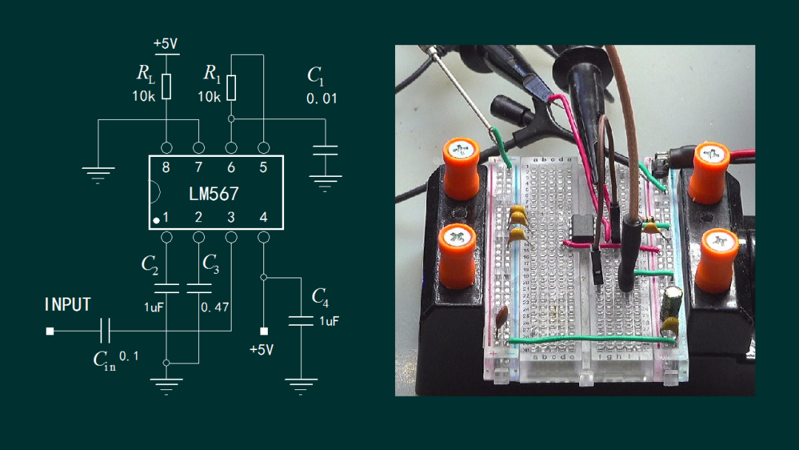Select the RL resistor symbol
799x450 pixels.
pos(166,87)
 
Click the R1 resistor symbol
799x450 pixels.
pos(232,87)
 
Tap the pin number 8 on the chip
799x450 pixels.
pos(166,167)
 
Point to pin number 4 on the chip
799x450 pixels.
pos(263,218)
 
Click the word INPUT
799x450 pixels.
pos(68,305)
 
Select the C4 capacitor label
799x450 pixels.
pos(320,297)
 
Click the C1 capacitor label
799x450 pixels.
pos(316,75)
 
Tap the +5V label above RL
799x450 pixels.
pos(166,44)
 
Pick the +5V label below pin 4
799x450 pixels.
pos(262,349)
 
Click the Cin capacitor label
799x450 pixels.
pos(104,360)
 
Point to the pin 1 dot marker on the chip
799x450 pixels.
pos(156,221)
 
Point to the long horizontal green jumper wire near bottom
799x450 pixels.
pos(592,339)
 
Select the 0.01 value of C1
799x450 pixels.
pos(321,98)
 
